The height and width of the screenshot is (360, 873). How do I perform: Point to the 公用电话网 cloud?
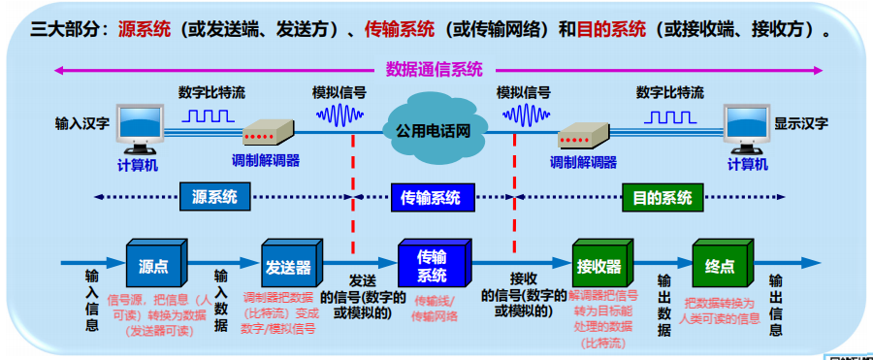click(x=433, y=129)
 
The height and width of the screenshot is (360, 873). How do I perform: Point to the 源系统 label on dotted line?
click(x=208, y=197)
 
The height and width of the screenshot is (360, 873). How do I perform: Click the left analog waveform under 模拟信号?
click(x=339, y=116)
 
